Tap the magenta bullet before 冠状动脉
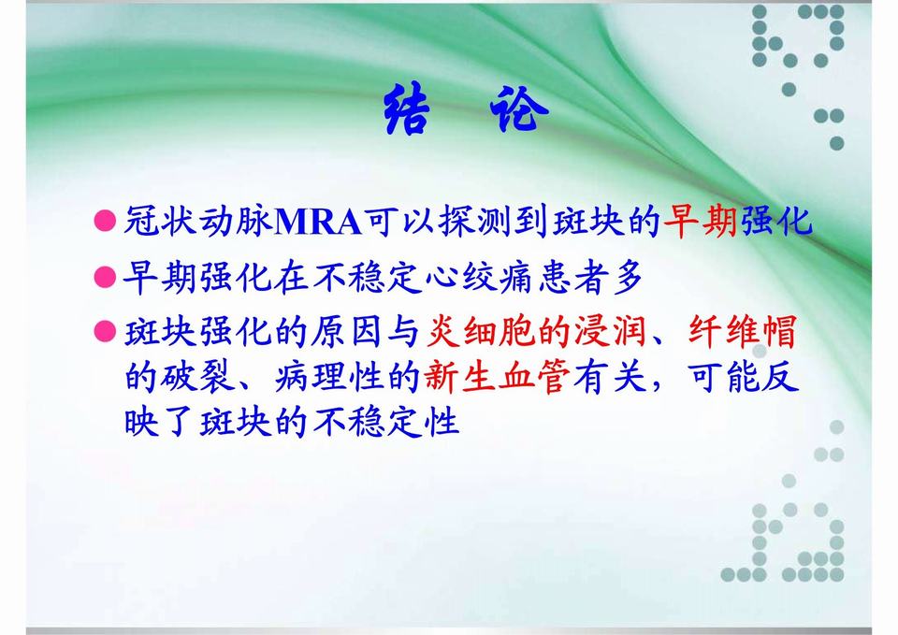[x=105, y=223]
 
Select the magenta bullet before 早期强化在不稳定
[x=105, y=277]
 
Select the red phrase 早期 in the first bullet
[x=701, y=223]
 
